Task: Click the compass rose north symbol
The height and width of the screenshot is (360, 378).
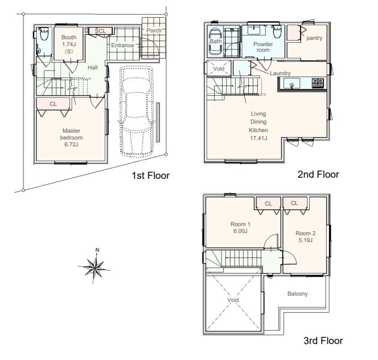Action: tap(94, 266)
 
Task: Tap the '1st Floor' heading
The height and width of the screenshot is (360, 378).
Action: tap(151, 175)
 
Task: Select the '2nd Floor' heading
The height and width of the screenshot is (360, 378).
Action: tap(318, 174)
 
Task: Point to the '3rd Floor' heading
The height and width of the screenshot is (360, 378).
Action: tap(323, 341)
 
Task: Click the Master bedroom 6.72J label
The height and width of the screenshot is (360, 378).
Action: tap(71, 137)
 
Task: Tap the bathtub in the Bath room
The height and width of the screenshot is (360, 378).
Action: tap(215, 42)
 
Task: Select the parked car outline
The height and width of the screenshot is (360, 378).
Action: tap(136, 111)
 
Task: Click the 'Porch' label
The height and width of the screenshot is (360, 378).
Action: tap(154, 30)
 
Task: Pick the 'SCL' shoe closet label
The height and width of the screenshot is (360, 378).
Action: tap(100, 31)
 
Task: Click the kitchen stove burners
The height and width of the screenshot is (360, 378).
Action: tap(318, 83)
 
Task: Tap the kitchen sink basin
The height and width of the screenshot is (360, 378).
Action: tap(291, 84)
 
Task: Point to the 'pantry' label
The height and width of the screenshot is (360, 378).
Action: tap(314, 38)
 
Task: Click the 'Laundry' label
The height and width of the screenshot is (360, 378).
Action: tap(280, 73)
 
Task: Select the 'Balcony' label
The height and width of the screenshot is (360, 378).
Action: tap(298, 294)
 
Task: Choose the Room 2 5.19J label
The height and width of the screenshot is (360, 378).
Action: tap(306, 237)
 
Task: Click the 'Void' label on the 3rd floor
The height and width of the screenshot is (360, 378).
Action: tap(233, 300)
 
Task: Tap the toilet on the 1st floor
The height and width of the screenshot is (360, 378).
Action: tap(44, 34)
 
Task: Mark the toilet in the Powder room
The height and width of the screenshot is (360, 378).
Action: tap(277, 31)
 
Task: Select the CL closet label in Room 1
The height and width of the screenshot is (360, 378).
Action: tap(268, 204)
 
